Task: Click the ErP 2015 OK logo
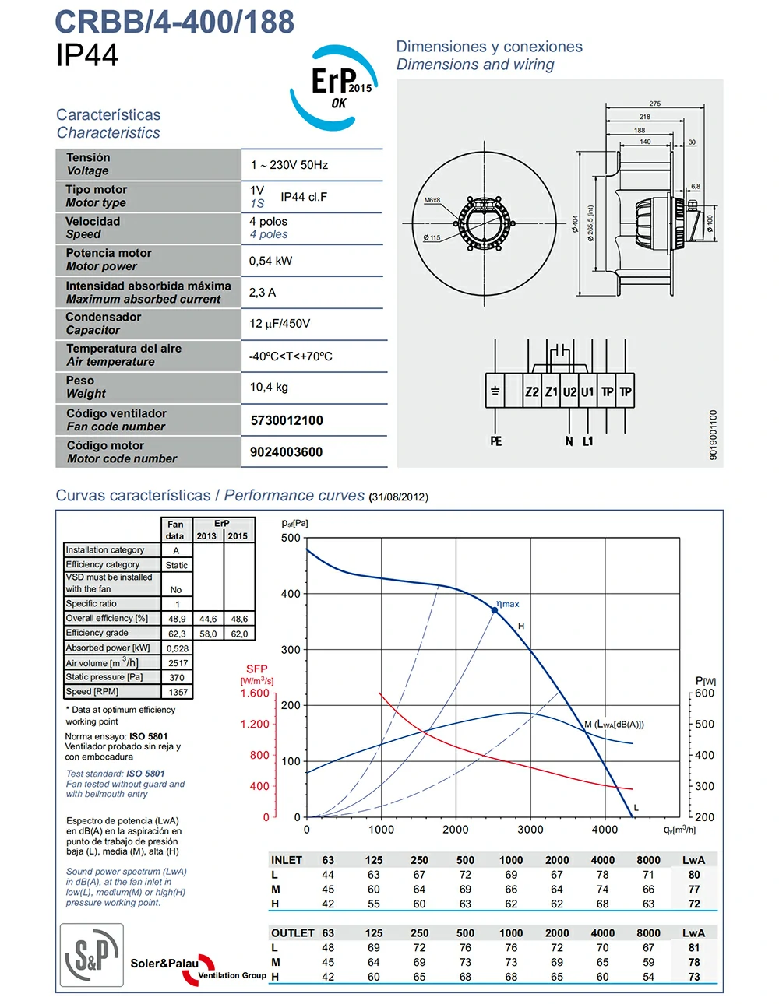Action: point(335,86)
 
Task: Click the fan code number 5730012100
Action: point(287,420)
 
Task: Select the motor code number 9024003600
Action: point(286,452)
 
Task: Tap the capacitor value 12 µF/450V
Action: point(280,324)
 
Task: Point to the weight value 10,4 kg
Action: point(269,387)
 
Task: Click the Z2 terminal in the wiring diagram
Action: point(532,392)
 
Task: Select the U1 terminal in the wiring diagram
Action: point(587,392)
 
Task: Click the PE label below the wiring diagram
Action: point(496,441)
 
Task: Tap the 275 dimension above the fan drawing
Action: point(655,104)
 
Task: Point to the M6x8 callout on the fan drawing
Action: point(432,200)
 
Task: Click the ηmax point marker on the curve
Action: point(495,610)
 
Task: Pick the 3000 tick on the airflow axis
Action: point(530,830)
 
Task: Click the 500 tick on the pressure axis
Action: point(291,538)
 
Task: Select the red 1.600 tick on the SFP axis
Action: point(255,693)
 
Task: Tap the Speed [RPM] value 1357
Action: point(178,692)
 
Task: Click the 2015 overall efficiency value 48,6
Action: point(239,620)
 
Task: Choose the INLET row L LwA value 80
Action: point(694,875)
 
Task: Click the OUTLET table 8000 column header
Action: point(649,933)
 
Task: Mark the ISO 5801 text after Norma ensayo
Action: point(149,736)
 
